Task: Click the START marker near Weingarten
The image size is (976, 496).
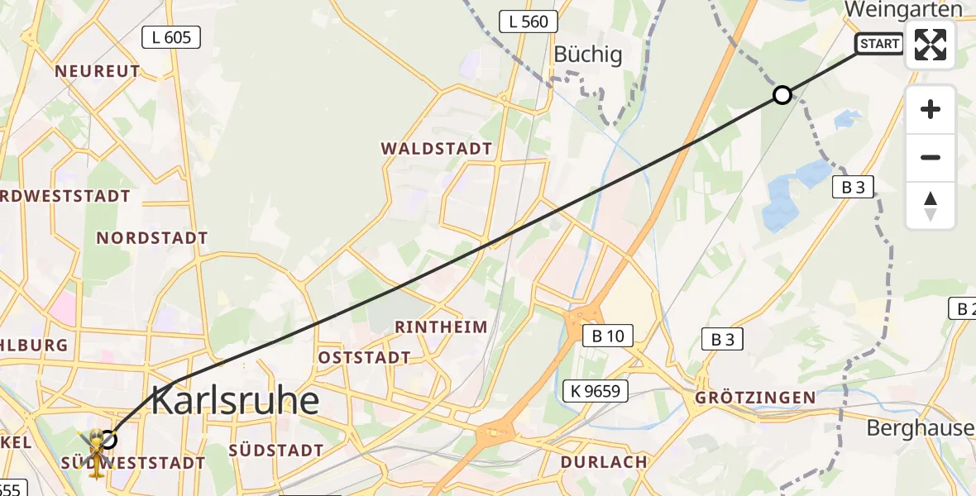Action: (879, 44)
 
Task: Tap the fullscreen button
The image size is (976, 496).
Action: (931, 45)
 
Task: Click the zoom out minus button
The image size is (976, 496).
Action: (931, 157)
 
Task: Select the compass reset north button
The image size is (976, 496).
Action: (931, 206)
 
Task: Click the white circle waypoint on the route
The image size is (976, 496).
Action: (782, 95)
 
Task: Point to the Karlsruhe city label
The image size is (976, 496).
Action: (236, 402)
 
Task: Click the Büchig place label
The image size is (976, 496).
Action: (587, 55)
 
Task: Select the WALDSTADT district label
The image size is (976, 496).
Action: (437, 149)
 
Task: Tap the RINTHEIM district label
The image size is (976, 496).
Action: (441, 327)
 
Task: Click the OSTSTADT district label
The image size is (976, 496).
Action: (365, 358)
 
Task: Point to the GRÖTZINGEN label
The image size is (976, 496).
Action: (755, 398)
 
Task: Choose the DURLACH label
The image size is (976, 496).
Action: (604, 461)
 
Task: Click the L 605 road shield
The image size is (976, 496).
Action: (171, 36)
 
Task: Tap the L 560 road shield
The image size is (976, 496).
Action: (529, 21)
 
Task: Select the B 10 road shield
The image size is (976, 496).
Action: (608, 336)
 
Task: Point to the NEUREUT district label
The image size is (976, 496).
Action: (98, 72)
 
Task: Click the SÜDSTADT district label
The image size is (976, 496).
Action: (275, 451)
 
